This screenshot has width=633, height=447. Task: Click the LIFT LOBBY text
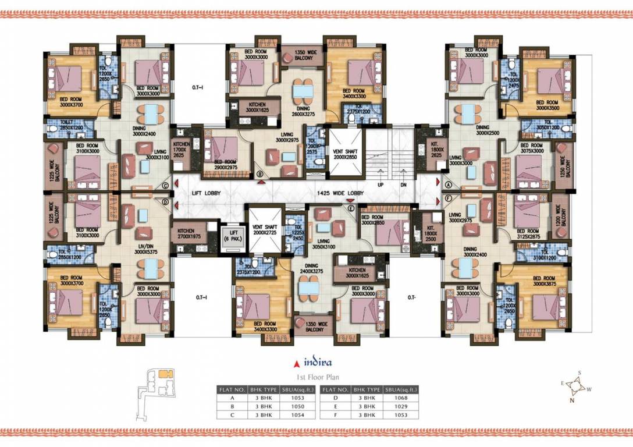pyautogui.click(x=207, y=193)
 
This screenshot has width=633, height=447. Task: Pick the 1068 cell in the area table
pyautogui.click(x=400, y=398)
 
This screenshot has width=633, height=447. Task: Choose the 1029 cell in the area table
pyautogui.click(x=400, y=406)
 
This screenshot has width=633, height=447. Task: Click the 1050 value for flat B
pyautogui.click(x=295, y=406)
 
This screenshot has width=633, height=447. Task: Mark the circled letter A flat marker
pyautogui.click(x=449, y=183)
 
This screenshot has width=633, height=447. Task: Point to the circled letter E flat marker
pyautogui.click(x=350, y=206)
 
